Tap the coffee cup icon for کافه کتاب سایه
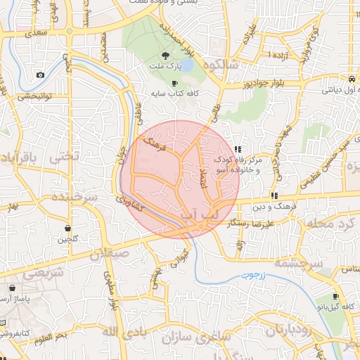[x=174, y=83]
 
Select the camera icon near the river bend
[x=40, y=75]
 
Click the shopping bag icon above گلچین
[x=67, y=229]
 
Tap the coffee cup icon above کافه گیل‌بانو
[x=335, y=297]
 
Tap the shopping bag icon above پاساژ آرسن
[x=13, y=288]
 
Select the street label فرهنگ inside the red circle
[x=153, y=147]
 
